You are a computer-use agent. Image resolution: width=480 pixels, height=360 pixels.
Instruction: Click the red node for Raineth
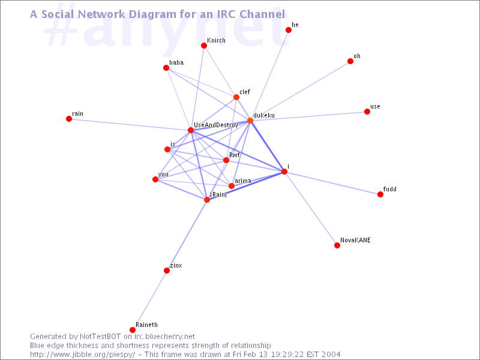click(x=133, y=329)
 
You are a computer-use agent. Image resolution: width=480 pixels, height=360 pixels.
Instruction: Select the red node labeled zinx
click(x=167, y=271)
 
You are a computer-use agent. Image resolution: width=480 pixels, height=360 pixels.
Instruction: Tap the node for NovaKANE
click(x=337, y=245)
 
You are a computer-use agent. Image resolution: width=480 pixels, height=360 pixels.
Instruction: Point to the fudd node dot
click(x=380, y=194)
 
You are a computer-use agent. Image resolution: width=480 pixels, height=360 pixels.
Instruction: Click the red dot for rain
click(x=69, y=119)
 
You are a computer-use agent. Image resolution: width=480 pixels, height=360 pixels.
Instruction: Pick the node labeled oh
click(x=350, y=61)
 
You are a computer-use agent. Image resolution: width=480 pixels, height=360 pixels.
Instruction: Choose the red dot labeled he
click(x=289, y=29)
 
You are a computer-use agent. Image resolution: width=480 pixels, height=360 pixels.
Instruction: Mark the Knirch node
click(x=204, y=46)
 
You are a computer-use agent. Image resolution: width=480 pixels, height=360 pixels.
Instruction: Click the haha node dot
click(x=166, y=68)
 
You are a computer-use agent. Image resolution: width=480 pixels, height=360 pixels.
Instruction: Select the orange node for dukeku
click(x=250, y=121)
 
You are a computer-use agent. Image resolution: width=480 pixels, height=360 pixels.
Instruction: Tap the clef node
click(x=236, y=97)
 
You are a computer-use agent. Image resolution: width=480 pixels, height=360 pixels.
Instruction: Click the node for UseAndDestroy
click(x=191, y=130)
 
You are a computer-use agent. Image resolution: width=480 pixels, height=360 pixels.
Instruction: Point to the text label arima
click(x=243, y=181)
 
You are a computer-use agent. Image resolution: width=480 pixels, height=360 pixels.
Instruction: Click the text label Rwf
click(x=235, y=155)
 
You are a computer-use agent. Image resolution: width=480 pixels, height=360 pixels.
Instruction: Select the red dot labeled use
click(x=367, y=112)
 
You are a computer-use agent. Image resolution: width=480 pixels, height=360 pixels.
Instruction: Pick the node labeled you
click(x=155, y=179)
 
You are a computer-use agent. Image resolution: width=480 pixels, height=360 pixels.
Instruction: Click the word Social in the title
click(x=58, y=14)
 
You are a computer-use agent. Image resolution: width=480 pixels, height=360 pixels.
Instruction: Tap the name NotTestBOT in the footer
click(x=100, y=337)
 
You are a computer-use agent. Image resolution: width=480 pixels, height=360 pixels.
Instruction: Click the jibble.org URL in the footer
click(x=83, y=355)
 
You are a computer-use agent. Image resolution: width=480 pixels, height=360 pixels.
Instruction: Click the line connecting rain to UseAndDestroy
click(x=130, y=125)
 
